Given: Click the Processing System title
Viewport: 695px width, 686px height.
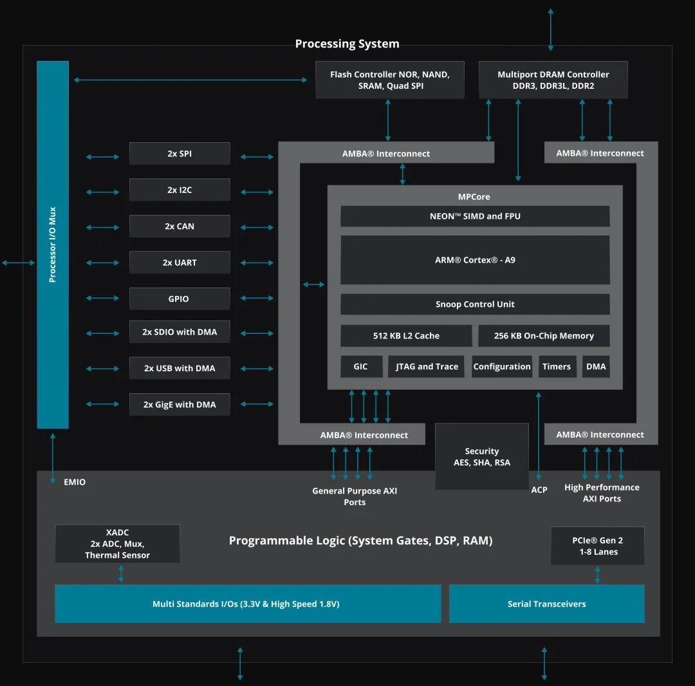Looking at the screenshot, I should (347, 44).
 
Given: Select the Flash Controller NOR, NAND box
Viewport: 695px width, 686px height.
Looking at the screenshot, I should (389, 80).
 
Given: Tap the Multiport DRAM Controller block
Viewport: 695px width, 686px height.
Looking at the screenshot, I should (553, 80).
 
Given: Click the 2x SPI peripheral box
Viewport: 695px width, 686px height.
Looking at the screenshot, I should (180, 154).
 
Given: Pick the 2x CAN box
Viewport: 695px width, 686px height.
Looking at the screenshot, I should (180, 227).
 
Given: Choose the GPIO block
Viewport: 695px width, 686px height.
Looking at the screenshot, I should (180, 299).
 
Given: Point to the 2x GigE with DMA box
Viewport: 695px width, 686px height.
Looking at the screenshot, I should (180, 404).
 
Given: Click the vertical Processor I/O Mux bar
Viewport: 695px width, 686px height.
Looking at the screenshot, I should (53, 245).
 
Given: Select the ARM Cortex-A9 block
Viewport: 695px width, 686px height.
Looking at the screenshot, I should (475, 260).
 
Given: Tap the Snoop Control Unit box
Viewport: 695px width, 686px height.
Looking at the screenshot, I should (475, 304).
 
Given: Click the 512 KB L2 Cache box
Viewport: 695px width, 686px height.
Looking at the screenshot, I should (406, 335).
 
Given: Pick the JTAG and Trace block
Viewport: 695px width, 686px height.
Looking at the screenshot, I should (425, 366).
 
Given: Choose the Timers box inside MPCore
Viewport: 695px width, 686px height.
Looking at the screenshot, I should (557, 366).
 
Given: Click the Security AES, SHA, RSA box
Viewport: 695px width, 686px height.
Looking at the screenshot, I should (481, 456).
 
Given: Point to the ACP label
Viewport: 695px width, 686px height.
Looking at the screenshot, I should (539, 490).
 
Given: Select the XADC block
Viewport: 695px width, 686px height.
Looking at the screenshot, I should (117, 544).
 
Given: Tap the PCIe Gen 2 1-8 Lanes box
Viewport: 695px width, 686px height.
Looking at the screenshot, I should (597, 546).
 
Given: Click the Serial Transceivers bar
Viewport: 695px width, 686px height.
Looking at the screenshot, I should (546, 604).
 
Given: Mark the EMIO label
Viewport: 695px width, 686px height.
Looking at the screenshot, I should (75, 482).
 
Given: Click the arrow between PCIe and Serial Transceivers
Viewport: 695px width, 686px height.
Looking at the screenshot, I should (597, 575).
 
